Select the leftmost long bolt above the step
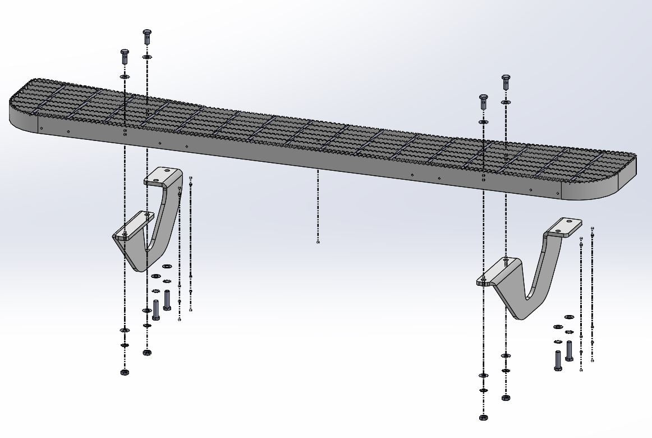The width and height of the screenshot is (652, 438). pyautogui.click(x=125, y=56)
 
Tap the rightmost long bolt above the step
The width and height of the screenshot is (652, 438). pyautogui.click(x=506, y=81)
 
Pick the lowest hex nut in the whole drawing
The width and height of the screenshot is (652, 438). pyautogui.click(x=483, y=418)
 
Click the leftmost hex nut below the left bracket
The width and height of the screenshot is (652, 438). pyautogui.click(x=124, y=372)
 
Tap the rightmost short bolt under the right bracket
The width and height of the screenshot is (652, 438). pyautogui.click(x=570, y=350)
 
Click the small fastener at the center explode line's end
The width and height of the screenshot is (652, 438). pyautogui.click(x=318, y=243)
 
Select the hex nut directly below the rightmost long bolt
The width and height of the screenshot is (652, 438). pyautogui.click(x=506, y=397)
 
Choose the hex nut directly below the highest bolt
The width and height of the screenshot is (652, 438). pyautogui.click(x=147, y=353)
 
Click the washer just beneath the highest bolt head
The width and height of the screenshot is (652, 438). pyautogui.click(x=147, y=57)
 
